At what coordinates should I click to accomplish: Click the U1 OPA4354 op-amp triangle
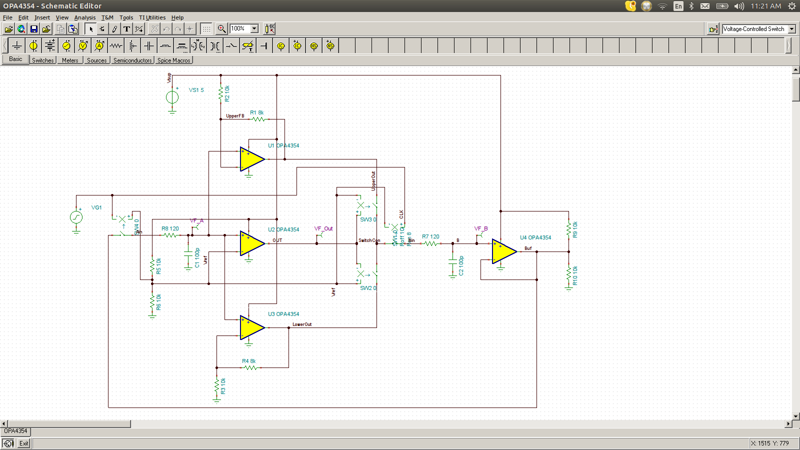(251, 159)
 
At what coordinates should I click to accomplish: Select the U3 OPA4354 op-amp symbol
(251, 327)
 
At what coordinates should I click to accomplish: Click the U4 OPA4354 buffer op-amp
(503, 251)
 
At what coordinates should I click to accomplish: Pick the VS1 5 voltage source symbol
(172, 97)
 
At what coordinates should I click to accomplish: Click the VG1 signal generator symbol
(76, 217)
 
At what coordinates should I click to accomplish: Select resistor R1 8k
(258, 119)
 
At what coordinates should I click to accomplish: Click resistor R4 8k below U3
(250, 367)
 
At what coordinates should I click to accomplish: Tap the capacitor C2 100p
(453, 265)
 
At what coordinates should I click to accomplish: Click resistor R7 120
(431, 243)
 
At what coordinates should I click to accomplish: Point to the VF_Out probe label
(323, 228)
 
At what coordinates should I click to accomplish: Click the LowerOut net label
(301, 324)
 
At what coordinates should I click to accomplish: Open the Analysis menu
(84, 17)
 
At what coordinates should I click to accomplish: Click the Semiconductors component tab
(132, 60)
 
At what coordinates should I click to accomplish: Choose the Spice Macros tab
(173, 60)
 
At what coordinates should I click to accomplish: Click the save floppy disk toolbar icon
(34, 29)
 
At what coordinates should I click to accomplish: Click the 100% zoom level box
(239, 28)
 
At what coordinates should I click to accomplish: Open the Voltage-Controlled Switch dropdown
(791, 29)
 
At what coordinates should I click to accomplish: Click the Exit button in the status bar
(23, 443)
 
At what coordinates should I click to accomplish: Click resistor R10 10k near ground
(568, 274)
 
